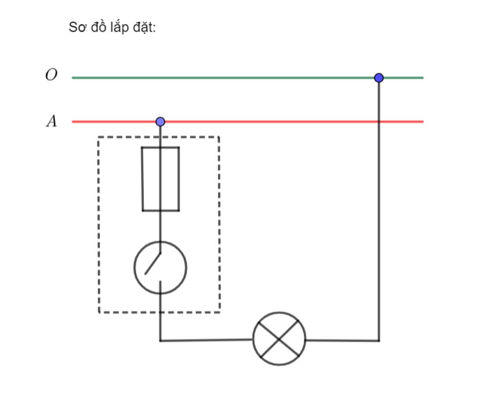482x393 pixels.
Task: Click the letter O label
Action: pyautogui.click(x=51, y=74)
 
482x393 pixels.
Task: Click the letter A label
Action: pyautogui.click(x=52, y=121)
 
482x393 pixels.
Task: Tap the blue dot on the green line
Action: pyautogui.click(x=379, y=78)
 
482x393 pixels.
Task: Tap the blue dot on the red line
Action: pyautogui.click(x=160, y=122)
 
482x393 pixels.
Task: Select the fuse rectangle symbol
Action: pyautogui.click(x=161, y=179)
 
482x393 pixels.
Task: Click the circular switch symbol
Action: pyautogui.click(x=160, y=268)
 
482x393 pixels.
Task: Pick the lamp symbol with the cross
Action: pyautogui.click(x=279, y=339)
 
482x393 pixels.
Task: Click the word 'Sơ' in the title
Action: pyautogui.click(x=77, y=27)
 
